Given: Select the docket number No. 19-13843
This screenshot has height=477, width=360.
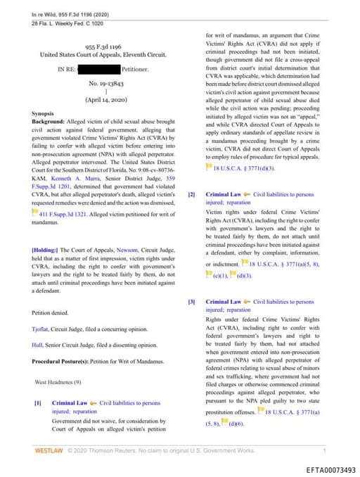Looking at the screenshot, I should point(104,82).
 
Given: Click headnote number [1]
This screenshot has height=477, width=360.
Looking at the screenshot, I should point(38,403).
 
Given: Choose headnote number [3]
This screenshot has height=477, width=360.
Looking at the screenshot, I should point(191,301).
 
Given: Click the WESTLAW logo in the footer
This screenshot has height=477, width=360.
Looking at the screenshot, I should point(49,449).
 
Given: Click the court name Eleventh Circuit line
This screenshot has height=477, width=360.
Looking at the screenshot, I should point(104,53).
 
